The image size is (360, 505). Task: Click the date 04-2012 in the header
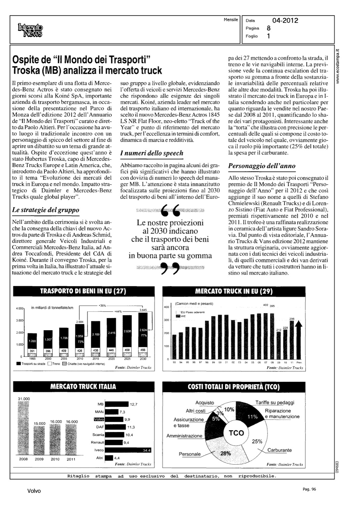[x=285, y=21]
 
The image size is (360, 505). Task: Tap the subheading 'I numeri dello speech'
[x=152, y=153]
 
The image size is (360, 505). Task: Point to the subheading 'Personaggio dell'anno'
[x=262, y=166]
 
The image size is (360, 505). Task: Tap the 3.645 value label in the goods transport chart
[x=143, y=310]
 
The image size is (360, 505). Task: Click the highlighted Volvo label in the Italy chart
[x=99, y=419]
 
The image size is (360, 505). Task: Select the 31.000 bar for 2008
[x=24, y=428]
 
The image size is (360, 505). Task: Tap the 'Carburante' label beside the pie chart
[x=280, y=450]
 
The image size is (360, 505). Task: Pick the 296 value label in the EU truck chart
[x=292, y=318]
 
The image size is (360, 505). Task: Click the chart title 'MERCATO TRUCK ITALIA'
[x=83, y=386]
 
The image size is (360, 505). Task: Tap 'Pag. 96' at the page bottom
[x=309, y=490]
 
